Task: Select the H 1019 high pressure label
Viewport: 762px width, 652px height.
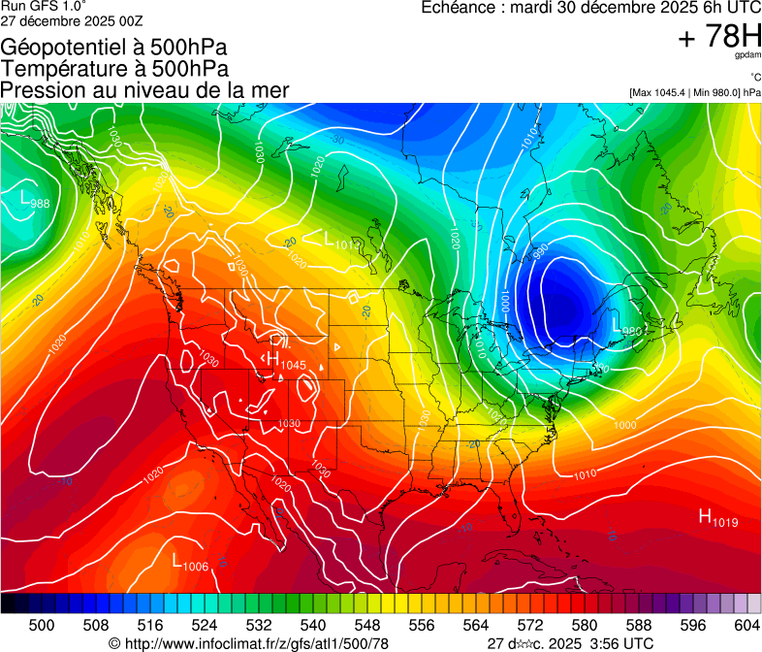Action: pos(718,519)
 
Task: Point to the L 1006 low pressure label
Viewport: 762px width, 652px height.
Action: pos(190,563)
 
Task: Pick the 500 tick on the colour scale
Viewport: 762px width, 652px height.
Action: pos(42,626)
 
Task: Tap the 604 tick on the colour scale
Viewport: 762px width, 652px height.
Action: pos(746,626)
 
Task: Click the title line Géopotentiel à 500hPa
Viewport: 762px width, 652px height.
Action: pos(114,48)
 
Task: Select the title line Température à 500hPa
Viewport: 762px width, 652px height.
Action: pos(114,69)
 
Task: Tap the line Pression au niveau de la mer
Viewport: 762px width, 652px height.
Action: pos(144,90)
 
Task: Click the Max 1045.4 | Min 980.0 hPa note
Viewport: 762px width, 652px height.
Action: pos(695,92)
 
